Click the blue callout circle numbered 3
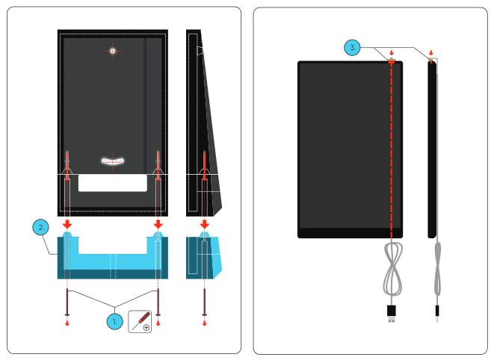click(355, 48)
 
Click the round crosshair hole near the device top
click(113, 51)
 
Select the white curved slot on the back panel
click(113, 159)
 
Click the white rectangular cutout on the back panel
click(113, 182)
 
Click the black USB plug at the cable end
click(391, 312)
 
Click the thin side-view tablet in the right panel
click(431, 149)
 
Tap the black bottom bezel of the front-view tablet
click(351, 232)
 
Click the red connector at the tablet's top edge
click(391, 61)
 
